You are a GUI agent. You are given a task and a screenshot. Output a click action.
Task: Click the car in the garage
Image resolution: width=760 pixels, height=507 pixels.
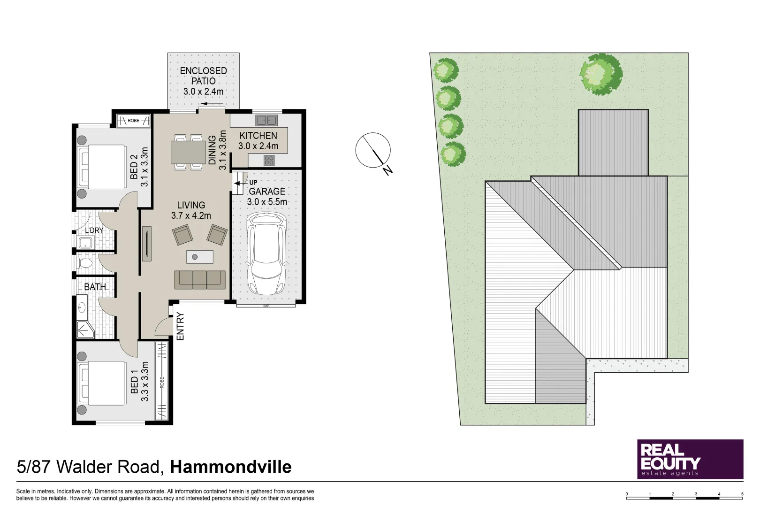pos(266,253)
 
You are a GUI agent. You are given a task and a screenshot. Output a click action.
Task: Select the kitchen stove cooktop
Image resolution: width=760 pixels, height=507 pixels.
pos(269,161)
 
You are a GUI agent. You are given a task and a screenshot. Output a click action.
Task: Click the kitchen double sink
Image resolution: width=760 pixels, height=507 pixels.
pos(266,120)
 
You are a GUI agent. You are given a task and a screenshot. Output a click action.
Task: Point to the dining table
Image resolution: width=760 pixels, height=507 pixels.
pos(188,152)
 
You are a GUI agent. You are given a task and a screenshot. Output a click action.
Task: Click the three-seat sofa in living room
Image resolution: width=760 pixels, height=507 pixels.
pos(200,279)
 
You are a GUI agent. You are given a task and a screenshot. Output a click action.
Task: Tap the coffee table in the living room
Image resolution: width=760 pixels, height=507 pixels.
pos(200,257)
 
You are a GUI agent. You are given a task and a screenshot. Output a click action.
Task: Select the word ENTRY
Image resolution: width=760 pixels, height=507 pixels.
pos(180,326)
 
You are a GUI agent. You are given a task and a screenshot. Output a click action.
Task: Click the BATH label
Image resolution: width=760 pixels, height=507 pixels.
pos(95,287)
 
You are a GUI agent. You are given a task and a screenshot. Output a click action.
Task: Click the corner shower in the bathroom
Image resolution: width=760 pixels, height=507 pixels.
pos(85,330)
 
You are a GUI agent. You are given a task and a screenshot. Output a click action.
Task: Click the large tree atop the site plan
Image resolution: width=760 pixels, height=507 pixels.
pos(600,74)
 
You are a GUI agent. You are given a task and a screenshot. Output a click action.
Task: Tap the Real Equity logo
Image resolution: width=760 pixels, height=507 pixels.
pos(690,459)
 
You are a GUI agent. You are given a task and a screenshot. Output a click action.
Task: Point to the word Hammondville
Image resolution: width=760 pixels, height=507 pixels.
pos(230,467)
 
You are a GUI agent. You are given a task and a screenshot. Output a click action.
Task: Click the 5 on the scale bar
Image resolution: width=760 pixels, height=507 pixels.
pos(742,494)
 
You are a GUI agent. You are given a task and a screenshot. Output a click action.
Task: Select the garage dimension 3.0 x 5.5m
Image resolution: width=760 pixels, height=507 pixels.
pos(267,202)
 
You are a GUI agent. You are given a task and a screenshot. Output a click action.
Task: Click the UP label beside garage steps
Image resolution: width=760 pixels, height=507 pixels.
pos(253,183)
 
